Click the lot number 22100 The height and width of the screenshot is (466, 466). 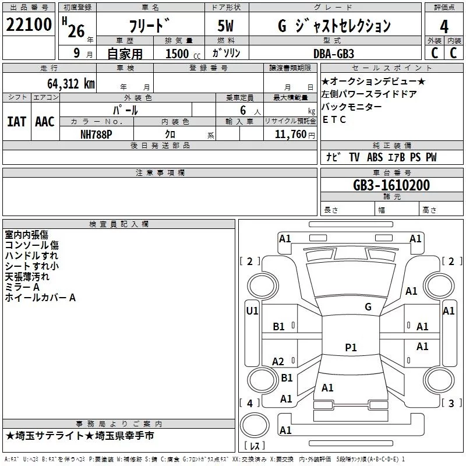[29, 24]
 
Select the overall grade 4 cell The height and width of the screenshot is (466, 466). [444, 26]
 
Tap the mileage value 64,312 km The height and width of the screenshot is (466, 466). [71, 84]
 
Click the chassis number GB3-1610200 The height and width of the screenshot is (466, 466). [391, 185]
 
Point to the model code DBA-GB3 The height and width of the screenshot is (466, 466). [334, 54]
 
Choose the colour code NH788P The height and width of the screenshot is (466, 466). [96, 135]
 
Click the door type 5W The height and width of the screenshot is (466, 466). [225, 26]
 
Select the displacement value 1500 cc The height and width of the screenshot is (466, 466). [183, 54]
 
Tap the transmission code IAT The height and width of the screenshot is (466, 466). [17, 122]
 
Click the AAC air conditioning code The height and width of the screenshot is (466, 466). [45, 122]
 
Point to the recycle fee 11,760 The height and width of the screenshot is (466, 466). [290, 135]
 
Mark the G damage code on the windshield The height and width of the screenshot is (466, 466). [368, 307]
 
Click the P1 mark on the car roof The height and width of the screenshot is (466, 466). [351, 347]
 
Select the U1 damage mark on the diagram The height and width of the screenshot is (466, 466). [252, 311]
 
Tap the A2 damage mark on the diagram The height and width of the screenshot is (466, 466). [278, 362]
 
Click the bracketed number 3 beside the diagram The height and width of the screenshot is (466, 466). [451, 403]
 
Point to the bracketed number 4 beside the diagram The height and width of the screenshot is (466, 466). [250, 403]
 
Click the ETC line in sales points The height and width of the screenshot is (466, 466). [334, 119]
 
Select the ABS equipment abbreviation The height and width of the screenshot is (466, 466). [375, 157]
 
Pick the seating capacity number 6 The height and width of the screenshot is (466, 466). [243, 110]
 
